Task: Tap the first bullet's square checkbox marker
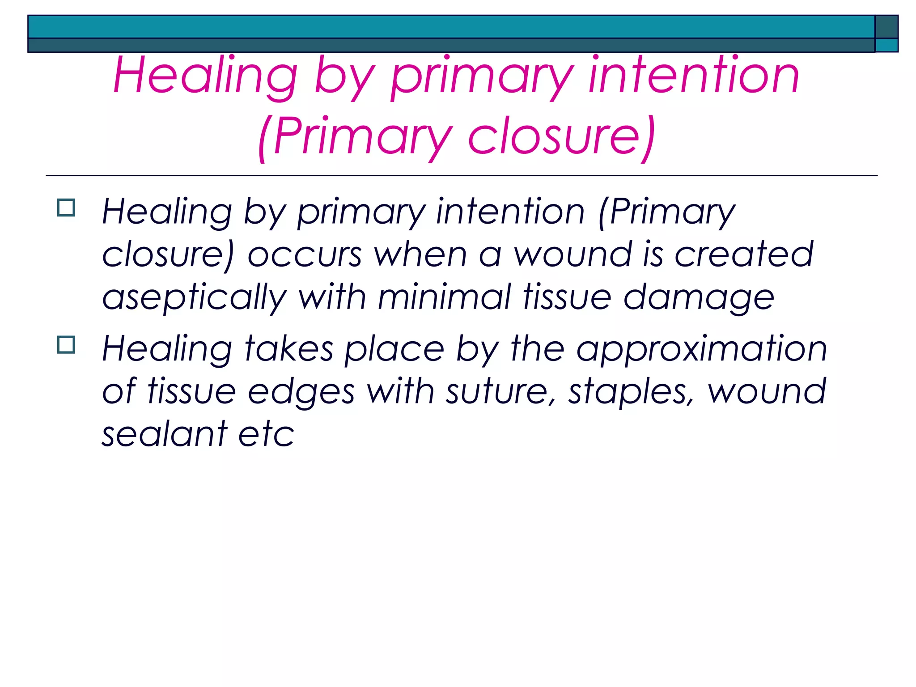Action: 66,208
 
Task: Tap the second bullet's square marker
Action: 66,345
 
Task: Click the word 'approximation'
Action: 701,349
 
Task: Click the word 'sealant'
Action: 164,434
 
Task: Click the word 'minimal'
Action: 444,297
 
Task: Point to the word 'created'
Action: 743,254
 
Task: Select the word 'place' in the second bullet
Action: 394,349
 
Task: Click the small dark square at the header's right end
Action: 886,27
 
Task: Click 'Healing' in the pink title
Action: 205,76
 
